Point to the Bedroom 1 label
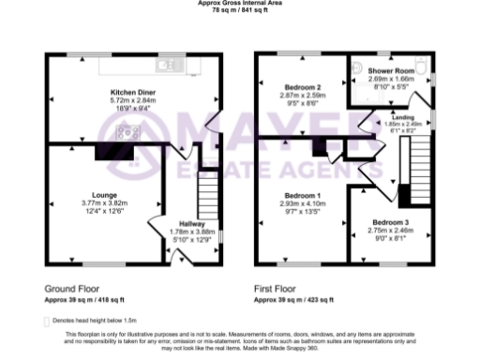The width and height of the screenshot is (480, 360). pyautogui.click(x=300, y=195)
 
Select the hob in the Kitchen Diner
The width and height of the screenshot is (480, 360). pyautogui.click(x=124, y=132)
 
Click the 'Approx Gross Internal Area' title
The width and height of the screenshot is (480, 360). pyautogui.click(x=238, y=4)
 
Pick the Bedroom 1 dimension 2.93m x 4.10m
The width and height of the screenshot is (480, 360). pyautogui.click(x=300, y=203)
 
